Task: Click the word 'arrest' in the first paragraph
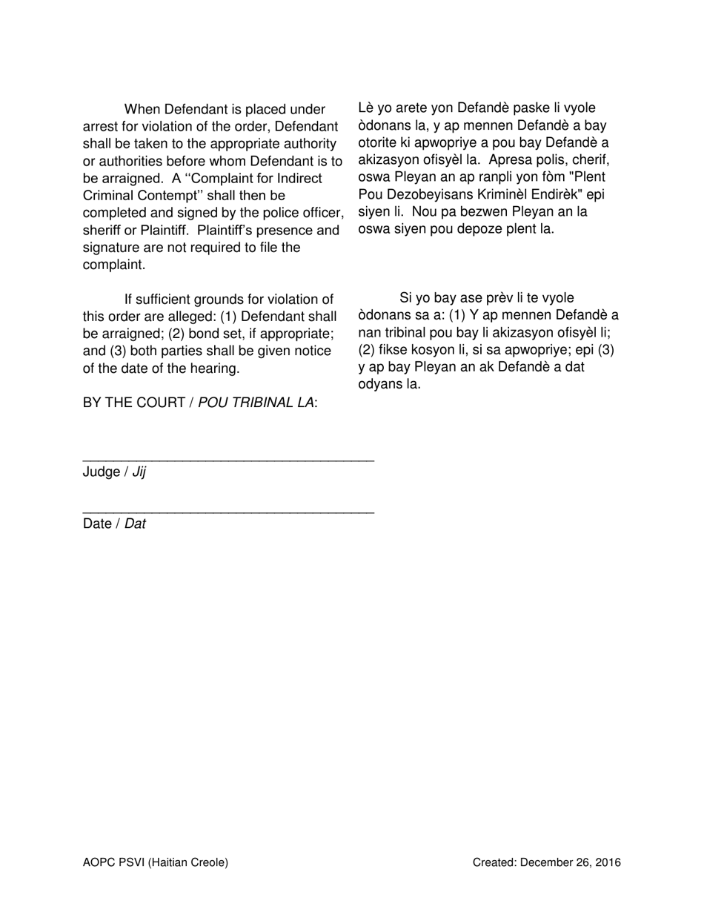(x=101, y=127)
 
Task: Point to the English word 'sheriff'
(x=103, y=230)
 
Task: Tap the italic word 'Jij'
(x=139, y=472)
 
